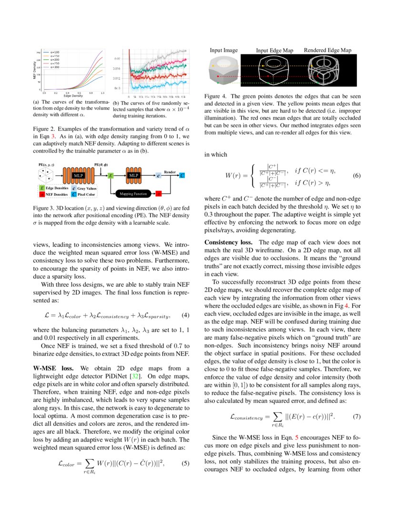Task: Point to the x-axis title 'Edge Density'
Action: [73, 96]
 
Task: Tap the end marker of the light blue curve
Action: [185, 82]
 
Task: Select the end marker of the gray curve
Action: [185, 51]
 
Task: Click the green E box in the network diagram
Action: [111, 176]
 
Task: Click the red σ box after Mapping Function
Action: [159, 194]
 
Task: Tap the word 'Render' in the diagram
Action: [170, 171]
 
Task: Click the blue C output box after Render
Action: [182, 176]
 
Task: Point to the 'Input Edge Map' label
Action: [274, 50]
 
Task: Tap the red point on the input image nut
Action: [218, 76]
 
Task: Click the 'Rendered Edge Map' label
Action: [327, 50]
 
